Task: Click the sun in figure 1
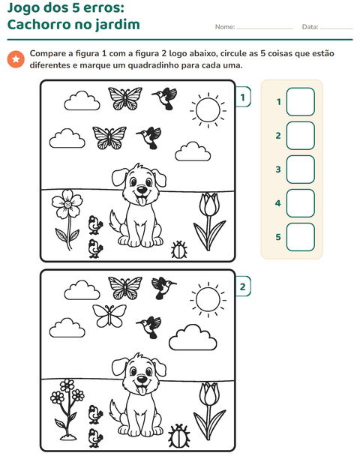[x=208, y=110]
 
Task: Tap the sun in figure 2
[x=208, y=299]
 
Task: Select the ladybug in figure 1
[x=179, y=250]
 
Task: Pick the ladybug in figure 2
[x=179, y=436]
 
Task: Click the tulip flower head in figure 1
[x=208, y=204]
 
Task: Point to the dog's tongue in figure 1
[x=142, y=202]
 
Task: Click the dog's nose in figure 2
[x=142, y=379]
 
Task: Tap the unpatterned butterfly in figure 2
[x=109, y=316]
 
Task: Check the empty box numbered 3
[x=301, y=169]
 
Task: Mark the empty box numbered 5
[x=301, y=237]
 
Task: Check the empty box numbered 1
[x=301, y=102]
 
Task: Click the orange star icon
[x=16, y=59]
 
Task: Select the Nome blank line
[x=265, y=28]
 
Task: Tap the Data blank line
[x=337, y=28]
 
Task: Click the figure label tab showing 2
[x=243, y=286]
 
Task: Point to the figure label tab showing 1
[x=243, y=97]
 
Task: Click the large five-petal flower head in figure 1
[x=67, y=204]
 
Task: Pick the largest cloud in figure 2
[x=193, y=337]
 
